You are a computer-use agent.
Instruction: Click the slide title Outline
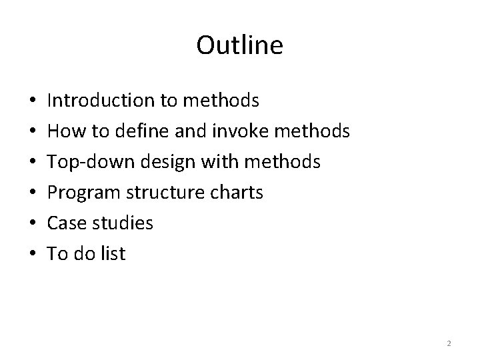pos(239,45)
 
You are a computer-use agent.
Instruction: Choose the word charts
pos(237,193)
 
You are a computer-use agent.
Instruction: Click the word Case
pos(65,223)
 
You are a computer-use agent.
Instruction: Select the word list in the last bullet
pos(113,254)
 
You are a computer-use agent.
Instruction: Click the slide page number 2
pos(449,343)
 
